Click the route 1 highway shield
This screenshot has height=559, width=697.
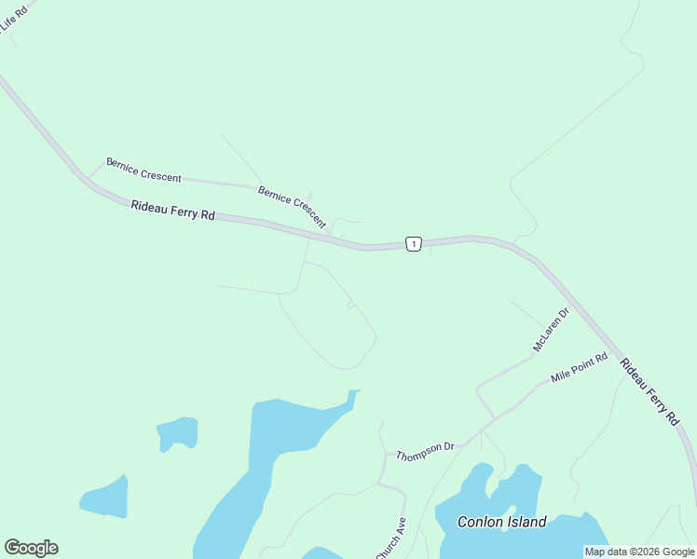415,244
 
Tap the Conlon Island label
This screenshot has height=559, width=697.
501,522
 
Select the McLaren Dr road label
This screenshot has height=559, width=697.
551,331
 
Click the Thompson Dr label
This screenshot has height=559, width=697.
425,452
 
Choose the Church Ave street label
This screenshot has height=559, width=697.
391,538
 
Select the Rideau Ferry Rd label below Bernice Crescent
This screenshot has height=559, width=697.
172,211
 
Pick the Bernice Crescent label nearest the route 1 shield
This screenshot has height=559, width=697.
292,207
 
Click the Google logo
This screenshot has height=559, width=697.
31,548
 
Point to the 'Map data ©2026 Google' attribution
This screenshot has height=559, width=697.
639,552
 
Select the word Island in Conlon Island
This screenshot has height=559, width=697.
527,522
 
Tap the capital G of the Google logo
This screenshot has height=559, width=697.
12,548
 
